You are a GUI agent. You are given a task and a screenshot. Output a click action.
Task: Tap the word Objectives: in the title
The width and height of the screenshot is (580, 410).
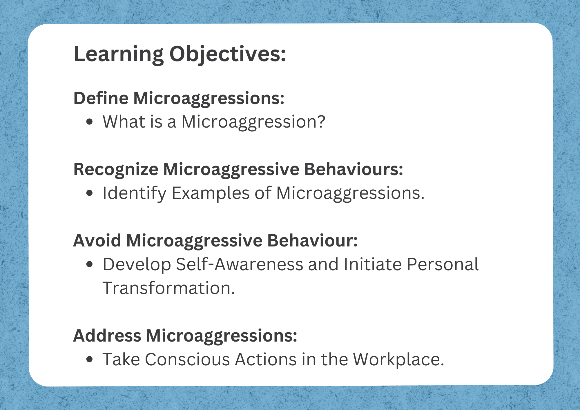pos(228,55)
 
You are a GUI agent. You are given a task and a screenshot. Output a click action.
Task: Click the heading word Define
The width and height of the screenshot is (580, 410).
pos(101,98)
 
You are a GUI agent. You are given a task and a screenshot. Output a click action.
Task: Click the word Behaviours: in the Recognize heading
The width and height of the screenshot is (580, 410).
pos(354,169)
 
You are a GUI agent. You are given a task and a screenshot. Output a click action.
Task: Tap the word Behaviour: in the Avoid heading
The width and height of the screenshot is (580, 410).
pos(312,240)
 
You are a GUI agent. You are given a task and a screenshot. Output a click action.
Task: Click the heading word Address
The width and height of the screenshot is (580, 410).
pos(107,335)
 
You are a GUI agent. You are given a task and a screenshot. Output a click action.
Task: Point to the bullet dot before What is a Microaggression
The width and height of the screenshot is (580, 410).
pos(90,122)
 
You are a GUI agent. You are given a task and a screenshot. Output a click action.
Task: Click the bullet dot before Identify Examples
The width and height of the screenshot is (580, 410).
pos(90,193)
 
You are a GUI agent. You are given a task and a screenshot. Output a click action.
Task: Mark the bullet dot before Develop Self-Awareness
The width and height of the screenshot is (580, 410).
pos(90,264)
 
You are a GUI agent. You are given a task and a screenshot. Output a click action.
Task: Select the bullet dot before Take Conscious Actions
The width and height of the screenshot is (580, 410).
pos(90,360)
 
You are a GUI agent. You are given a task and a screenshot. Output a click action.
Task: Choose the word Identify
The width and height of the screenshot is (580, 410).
pos(135,193)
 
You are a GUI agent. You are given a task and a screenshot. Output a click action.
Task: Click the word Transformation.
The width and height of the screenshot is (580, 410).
pos(169,288)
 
